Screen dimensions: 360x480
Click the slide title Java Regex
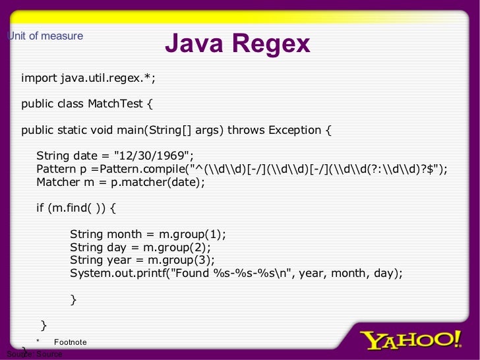pos(237,44)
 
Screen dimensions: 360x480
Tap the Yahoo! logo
pos(411,340)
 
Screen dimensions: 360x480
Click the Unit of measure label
pos(45,36)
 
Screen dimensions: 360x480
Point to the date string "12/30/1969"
pos(153,156)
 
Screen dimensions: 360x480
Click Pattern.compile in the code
pos(146,169)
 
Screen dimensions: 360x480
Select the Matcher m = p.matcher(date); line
pos(121,182)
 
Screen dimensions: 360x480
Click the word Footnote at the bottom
pos(70,342)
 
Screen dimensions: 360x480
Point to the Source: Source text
pos(34,354)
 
